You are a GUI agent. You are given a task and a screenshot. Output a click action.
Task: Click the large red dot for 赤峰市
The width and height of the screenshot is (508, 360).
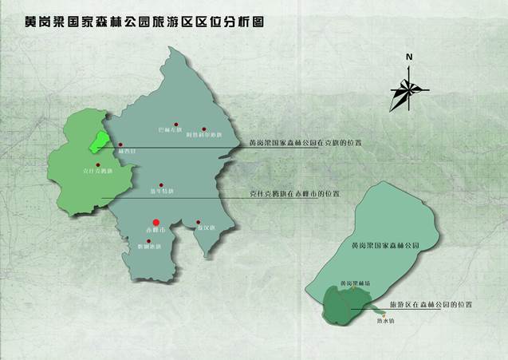click(x=156, y=223)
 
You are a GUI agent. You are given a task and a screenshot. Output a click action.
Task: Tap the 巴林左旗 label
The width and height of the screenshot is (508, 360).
click(x=171, y=128)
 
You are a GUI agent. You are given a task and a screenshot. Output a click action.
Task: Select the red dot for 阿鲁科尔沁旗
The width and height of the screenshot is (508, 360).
click(x=204, y=128)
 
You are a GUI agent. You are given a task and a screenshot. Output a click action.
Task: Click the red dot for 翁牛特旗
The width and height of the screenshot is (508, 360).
click(x=162, y=182)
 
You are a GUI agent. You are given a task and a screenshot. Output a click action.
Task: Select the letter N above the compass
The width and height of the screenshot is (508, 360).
click(x=408, y=57)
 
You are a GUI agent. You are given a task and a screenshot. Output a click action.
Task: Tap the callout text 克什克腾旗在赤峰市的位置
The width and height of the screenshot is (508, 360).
click(x=294, y=193)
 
